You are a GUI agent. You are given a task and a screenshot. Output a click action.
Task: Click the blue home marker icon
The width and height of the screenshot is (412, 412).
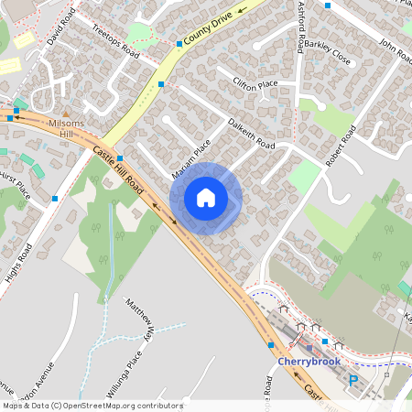tap(206, 198)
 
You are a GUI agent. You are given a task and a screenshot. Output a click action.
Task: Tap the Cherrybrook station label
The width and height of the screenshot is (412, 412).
tap(309, 361)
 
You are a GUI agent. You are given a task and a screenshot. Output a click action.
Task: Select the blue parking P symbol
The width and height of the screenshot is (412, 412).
tap(352, 380)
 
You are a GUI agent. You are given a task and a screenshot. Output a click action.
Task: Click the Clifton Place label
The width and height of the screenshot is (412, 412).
tap(255, 85)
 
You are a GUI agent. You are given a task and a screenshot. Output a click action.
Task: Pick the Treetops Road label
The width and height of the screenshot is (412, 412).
tap(115, 41)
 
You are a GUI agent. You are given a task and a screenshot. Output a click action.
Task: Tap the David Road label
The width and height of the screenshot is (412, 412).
tap(58, 31)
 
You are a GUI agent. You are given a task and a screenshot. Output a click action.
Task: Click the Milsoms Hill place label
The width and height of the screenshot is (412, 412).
tap(65, 128)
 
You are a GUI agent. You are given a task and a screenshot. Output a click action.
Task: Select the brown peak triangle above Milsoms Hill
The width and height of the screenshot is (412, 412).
tap(66, 113)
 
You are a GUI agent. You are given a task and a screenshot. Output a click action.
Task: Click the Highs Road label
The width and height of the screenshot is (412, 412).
tap(16, 266)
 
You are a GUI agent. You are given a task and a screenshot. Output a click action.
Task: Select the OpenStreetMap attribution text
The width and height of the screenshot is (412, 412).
tap(92, 406)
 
